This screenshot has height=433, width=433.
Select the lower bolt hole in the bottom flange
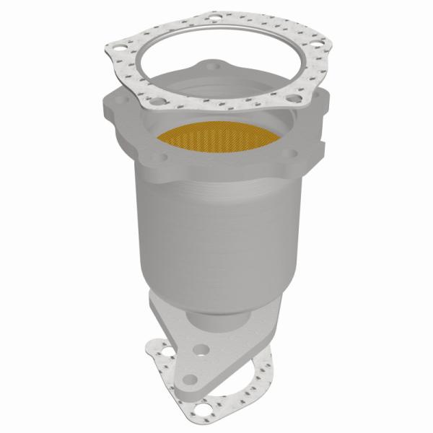coord(191,379)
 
